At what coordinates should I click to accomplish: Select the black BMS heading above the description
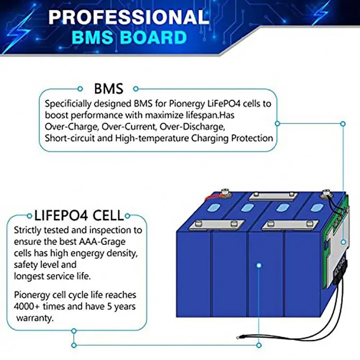[x=108, y=89]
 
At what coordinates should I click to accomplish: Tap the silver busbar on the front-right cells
[x=286, y=223]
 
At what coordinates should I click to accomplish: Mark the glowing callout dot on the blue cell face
[x=259, y=266]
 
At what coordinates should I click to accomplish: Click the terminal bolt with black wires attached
[x=325, y=196]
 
